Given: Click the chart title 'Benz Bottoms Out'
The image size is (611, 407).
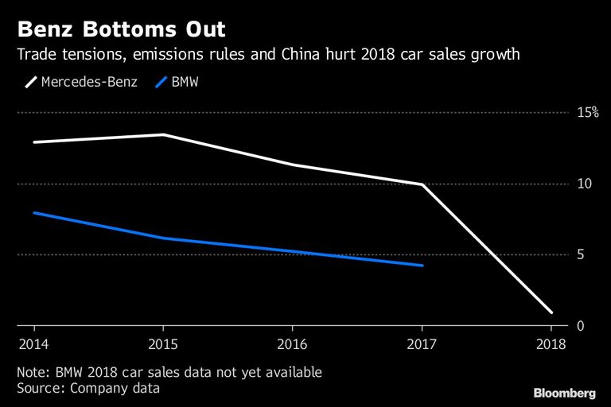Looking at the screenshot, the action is point(121,29).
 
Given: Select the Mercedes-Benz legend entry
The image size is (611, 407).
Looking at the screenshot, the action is point(81,82).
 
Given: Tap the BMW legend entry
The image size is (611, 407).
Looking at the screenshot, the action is point(177,82).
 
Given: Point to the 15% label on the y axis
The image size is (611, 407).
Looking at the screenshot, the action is point(588,113).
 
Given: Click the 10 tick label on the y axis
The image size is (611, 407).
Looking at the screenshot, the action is point(585,184).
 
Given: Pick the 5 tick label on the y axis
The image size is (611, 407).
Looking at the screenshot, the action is point(581,254).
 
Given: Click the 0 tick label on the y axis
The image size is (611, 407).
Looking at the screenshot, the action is point(581,326).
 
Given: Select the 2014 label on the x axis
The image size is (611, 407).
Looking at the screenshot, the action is point(34,344).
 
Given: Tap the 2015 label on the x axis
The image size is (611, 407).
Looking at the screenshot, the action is point(163,344).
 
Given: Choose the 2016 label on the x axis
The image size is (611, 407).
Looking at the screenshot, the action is point(292,344).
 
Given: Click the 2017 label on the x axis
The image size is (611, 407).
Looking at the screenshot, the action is point(422,344).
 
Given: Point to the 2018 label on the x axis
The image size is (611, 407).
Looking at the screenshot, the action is point(551,344).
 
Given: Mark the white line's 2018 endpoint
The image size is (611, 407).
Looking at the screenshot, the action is point(551,312).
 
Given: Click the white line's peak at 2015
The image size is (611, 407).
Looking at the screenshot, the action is point(164,135).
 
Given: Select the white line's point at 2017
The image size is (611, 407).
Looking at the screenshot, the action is point(422,184).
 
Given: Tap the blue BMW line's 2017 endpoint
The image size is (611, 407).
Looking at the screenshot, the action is point(422,266).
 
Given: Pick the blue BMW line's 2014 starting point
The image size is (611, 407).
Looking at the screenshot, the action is point(35,213).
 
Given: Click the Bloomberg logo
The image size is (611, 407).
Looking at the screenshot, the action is point(565,393).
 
